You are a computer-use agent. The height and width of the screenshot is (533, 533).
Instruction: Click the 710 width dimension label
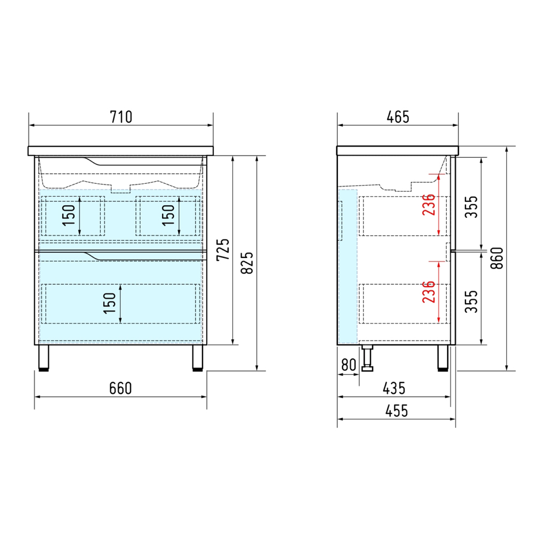[x=121, y=117]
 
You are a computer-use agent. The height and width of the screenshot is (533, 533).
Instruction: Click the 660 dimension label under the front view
[x=120, y=388]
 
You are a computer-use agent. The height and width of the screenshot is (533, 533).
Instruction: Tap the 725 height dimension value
[x=223, y=250]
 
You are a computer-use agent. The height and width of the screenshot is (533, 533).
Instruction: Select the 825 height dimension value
[x=247, y=263]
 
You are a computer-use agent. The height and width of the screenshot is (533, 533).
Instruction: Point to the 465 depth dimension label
[x=398, y=117]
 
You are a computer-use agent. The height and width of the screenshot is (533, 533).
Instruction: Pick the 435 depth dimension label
[x=394, y=388]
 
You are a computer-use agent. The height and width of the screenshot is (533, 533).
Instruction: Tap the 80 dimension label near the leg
[x=349, y=365]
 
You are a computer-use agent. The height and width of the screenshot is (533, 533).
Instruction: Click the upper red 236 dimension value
[x=429, y=204]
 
